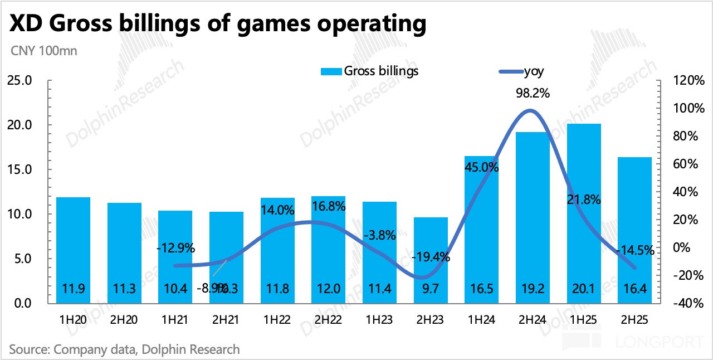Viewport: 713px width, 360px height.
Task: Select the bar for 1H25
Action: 584,212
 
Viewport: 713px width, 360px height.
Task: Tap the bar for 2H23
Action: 431,260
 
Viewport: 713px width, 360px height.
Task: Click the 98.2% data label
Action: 533,93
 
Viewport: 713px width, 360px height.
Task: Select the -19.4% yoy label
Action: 431,257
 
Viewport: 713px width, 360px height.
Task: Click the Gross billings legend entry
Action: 381,71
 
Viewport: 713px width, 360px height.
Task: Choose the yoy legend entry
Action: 534,71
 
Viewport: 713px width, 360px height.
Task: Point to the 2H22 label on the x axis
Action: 328,321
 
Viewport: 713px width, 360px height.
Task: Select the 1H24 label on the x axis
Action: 482,321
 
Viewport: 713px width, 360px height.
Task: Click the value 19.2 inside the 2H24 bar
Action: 533,289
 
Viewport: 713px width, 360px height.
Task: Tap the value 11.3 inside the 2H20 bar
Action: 124,289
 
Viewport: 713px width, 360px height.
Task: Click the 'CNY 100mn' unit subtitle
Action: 44,51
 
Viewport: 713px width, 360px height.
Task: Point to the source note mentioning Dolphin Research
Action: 125,349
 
